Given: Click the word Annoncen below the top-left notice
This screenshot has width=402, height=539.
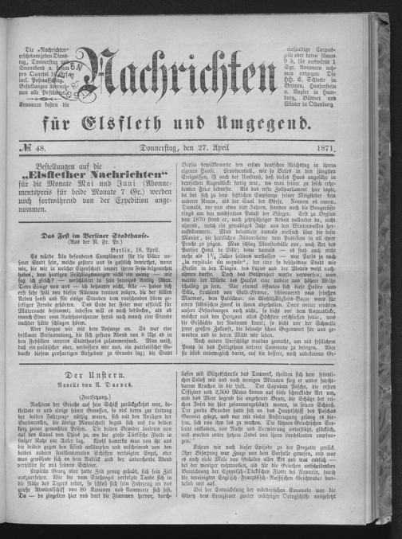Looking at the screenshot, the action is (x=39, y=104).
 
